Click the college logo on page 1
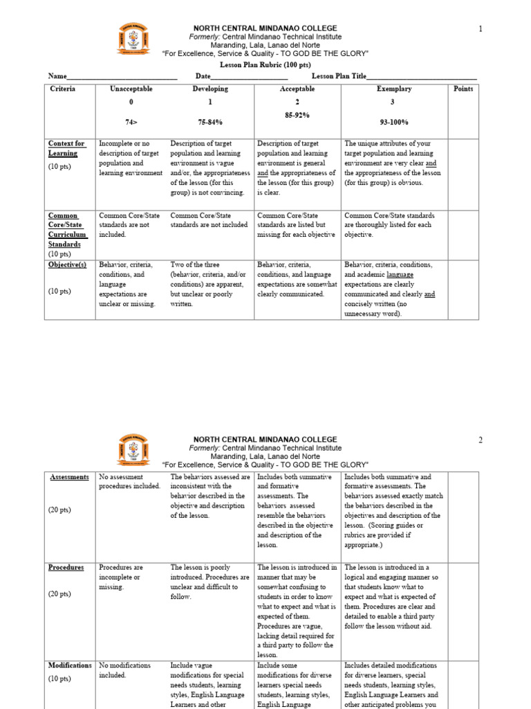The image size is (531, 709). (133, 39)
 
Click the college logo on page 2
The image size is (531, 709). (133, 452)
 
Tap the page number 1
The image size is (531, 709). (479, 28)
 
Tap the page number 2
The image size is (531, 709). (479, 440)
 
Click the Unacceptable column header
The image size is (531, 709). (131, 89)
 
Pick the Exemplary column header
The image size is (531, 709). (394, 89)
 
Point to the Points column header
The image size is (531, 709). (463, 89)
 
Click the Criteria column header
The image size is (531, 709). (63, 89)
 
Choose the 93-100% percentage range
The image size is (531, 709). (394, 123)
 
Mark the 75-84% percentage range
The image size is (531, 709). (210, 123)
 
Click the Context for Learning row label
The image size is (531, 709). (66, 148)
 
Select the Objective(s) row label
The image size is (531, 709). (67, 265)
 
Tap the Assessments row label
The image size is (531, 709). (69, 478)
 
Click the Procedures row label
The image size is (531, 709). (66, 568)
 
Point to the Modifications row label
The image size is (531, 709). (70, 666)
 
